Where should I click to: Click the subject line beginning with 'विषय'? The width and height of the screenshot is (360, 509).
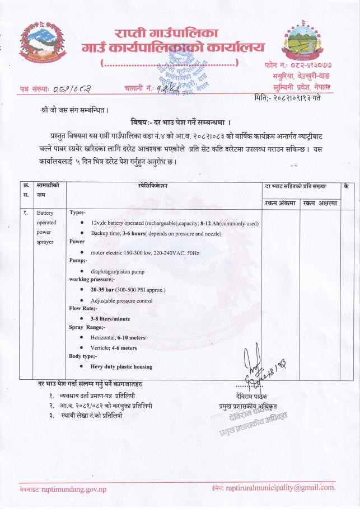point(180,121)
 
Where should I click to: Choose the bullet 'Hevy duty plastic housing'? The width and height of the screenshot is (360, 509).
point(121,367)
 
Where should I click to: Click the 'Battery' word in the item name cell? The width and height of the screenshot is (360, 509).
point(45,214)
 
